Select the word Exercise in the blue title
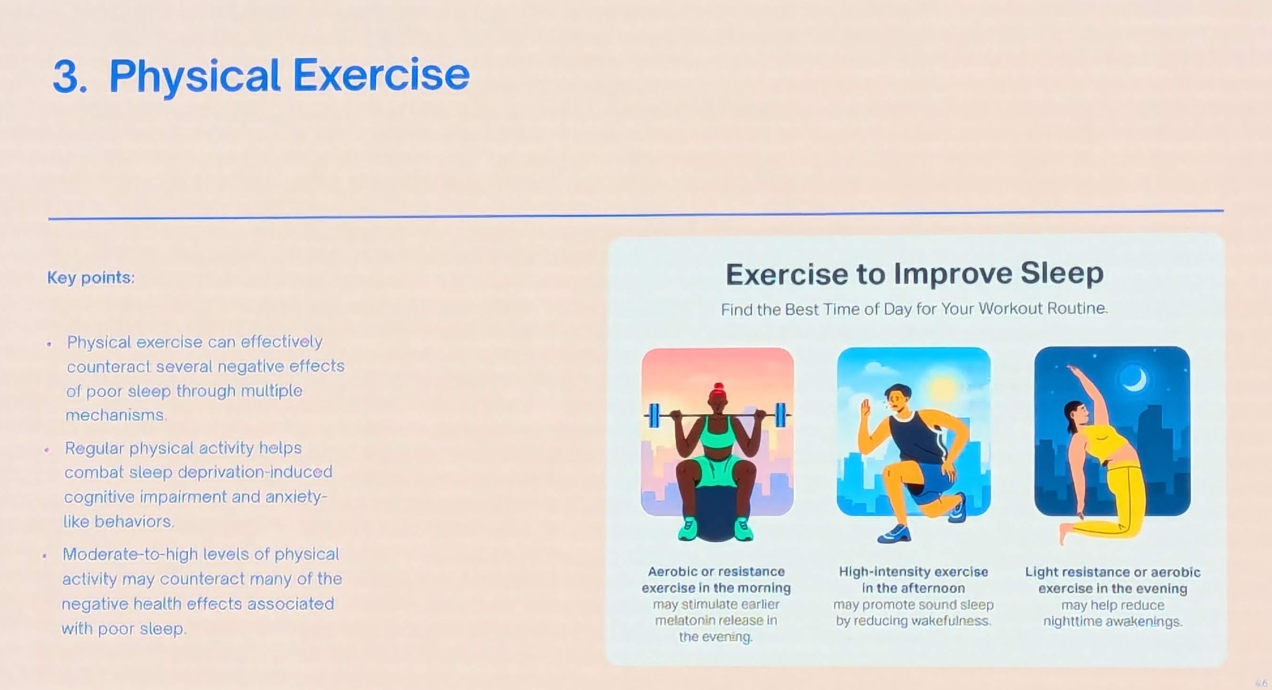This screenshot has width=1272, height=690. point(381,75)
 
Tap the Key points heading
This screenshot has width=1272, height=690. point(91,278)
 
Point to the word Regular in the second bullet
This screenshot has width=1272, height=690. point(94,449)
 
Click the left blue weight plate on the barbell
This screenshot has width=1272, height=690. point(654,416)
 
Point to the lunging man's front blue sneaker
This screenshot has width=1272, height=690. point(894,533)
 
